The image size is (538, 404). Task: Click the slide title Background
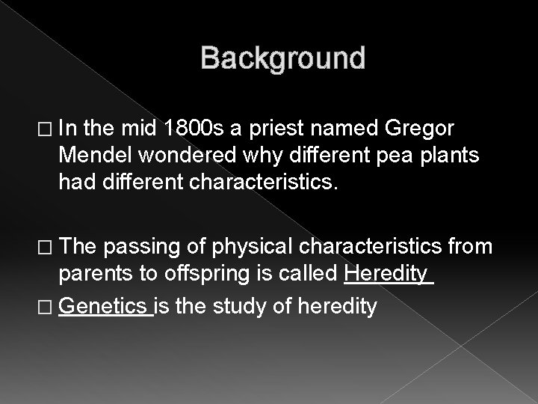click(x=282, y=58)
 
